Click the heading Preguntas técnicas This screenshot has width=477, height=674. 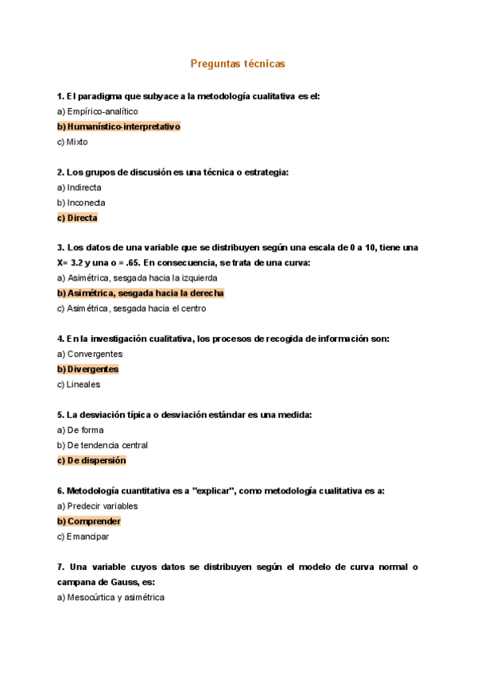point(238,63)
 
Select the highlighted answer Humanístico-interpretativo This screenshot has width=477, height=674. point(119,126)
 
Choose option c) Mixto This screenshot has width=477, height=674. point(72,142)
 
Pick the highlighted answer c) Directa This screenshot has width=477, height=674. point(77,218)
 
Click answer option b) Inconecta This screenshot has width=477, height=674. point(81,203)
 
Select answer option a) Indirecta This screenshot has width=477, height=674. point(79,188)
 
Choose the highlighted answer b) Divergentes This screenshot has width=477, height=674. point(87,369)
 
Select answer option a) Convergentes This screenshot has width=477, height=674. point(89,354)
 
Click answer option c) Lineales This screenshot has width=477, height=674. point(79,385)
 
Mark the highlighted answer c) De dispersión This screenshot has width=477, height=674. point(91,460)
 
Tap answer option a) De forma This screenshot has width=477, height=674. point(80,430)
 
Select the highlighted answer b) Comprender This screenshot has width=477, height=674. point(89,521)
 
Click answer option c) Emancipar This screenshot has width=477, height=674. point(83,536)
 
